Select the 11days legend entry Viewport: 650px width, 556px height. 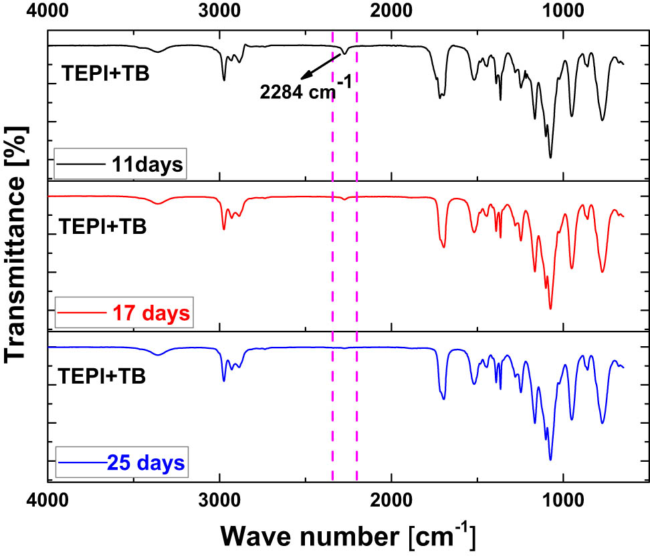[x=120, y=164]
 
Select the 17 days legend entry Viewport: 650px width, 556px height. [x=124, y=312]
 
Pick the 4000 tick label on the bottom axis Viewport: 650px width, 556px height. [x=47, y=499]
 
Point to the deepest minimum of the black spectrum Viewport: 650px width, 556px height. [x=550, y=158]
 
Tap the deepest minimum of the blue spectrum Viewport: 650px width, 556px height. [x=550, y=460]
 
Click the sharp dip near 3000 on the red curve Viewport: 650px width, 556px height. [x=223, y=230]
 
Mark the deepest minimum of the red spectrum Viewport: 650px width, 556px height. [x=550, y=309]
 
